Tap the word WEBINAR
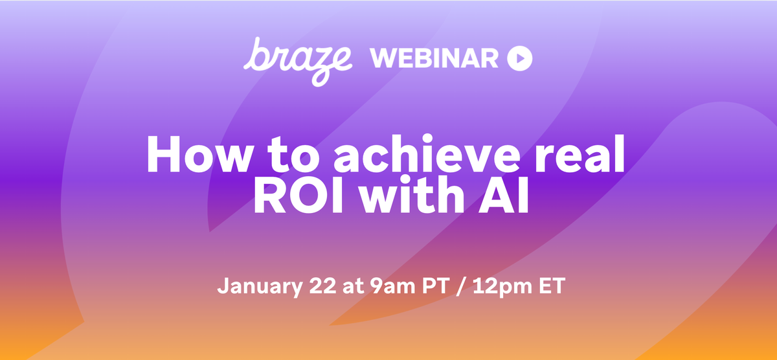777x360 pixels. click(434, 59)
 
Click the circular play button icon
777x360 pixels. click(519, 59)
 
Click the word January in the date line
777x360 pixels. click(251, 286)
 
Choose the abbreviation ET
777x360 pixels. click(545, 286)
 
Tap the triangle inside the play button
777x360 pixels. click(520, 59)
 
